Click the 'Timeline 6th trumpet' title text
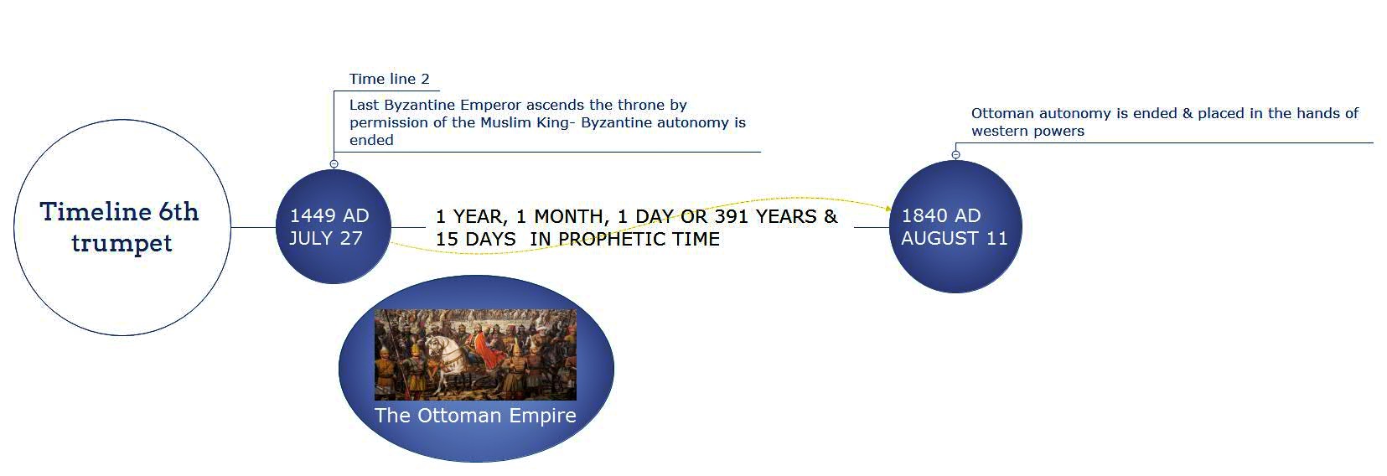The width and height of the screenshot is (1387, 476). tap(120, 227)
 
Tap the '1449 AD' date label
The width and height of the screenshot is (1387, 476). tap(329, 215)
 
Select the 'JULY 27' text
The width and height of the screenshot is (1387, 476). tap(326, 238)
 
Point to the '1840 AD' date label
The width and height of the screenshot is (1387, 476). tap(941, 215)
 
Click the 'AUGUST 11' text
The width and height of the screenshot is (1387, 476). tap(955, 238)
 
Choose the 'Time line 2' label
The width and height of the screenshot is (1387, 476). tap(390, 80)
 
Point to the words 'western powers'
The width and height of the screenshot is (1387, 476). tap(1027, 132)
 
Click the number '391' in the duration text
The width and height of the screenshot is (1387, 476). tap(732, 216)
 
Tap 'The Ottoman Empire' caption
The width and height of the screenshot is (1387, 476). tap(475, 416)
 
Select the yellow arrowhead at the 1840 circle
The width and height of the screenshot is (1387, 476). tap(888, 209)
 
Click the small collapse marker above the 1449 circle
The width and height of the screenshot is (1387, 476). tap(334, 164)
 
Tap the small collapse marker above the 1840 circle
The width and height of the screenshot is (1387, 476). tap(956, 155)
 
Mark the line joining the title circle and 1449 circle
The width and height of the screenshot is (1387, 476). tap(253, 227)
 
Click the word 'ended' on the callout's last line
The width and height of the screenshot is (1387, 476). tap(371, 141)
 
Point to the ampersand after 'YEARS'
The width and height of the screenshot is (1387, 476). tap(831, 216)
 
